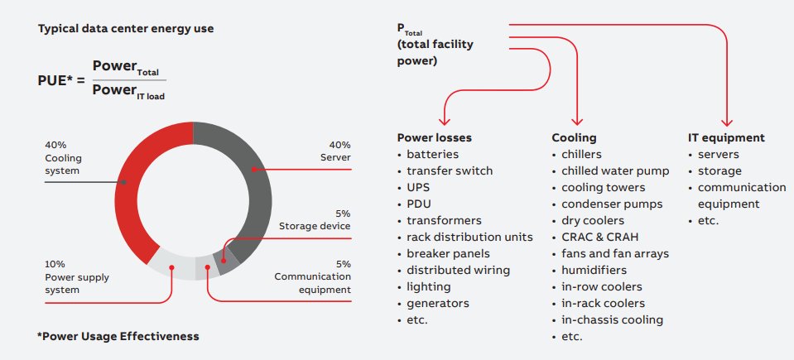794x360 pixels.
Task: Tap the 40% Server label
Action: click(x=334, y=151)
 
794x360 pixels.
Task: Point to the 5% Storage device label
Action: click(x=325, y=218)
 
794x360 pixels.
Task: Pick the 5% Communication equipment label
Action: click(x=315, y=276)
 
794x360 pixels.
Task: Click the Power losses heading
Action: click(x=434, y=138)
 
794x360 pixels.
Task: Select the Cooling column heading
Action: click(x=574, y=138)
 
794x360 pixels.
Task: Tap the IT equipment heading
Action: click(x=726, y=138)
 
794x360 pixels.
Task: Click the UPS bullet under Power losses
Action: click(x=418, y=187)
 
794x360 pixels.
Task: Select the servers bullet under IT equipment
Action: click(x=718, y=154)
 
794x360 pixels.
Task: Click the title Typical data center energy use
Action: click(x=125, y=29)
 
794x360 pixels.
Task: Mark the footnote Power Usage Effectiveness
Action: click(x=118, y=337)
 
